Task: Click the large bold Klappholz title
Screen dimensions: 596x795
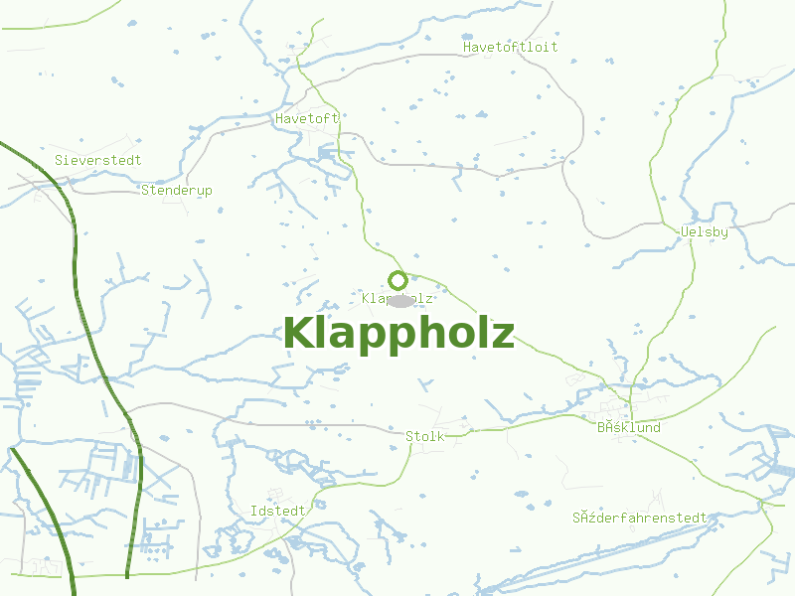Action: [x=398, y=333]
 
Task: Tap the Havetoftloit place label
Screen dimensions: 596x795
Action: [x=511, y=47]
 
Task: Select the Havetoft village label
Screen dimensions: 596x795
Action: [x=307, y=118]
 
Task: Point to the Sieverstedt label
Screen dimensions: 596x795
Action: [x=98, y=160]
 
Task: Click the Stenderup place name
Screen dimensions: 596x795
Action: [x=177, y=190]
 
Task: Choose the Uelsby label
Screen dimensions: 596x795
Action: [x=705, y=232]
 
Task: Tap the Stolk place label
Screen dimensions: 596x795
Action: [x=424, y=436]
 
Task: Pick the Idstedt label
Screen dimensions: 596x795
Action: [x=278, y=511]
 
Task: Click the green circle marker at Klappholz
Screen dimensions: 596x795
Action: [x=397, y=280]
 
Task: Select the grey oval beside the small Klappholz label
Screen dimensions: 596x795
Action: [x=399, y=300]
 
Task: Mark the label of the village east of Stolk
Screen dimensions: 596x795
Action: [x=629, y=428]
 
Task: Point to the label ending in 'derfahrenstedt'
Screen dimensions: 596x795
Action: [x=639, y=519]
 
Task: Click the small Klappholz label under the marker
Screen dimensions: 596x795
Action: [x=397, y=298]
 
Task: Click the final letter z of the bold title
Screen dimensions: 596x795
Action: [x=503, y=336]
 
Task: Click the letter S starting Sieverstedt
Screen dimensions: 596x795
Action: [x=60, y=160]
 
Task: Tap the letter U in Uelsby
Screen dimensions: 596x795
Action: [x=685, y=232]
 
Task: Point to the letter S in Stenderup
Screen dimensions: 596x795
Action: [x=146, y=190]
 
